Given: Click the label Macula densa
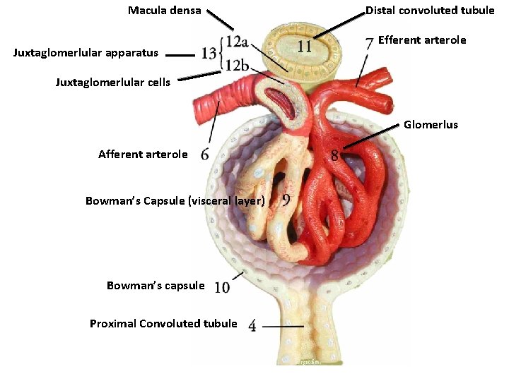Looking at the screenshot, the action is (x=164, y=11).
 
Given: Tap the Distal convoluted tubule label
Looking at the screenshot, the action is (x=430, y=11).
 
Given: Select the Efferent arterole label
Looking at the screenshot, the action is (x=422, y=40).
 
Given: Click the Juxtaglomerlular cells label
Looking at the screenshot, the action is (x=113, y=83).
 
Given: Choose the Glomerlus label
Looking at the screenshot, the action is (x=431, y=125).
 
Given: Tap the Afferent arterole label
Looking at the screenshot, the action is (x=143, y=155).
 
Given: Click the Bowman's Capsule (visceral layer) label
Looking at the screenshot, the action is (x=175, y=201).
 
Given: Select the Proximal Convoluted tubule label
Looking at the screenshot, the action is (x=163, y=324).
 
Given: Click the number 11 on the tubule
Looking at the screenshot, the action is (x=305, y=47).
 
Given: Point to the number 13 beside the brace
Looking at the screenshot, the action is (x=209, y=53).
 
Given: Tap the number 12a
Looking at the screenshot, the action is (x=237, y=40).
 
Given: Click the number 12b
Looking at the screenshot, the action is (x=237, y=66).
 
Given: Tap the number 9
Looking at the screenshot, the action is (x=286, y=200).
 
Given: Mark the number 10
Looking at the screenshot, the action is (x=221, y=287).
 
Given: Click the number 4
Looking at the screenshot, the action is (x=252, y=326).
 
